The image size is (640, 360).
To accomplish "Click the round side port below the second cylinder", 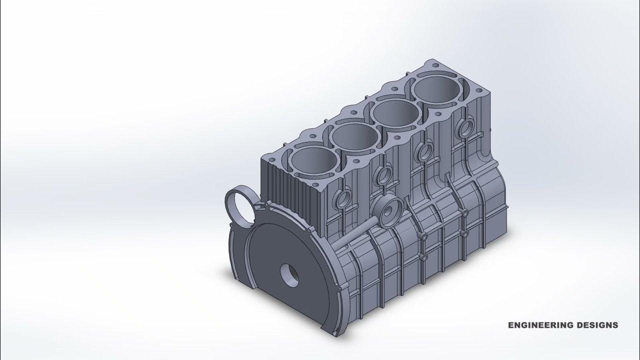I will (x=384, y=174).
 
